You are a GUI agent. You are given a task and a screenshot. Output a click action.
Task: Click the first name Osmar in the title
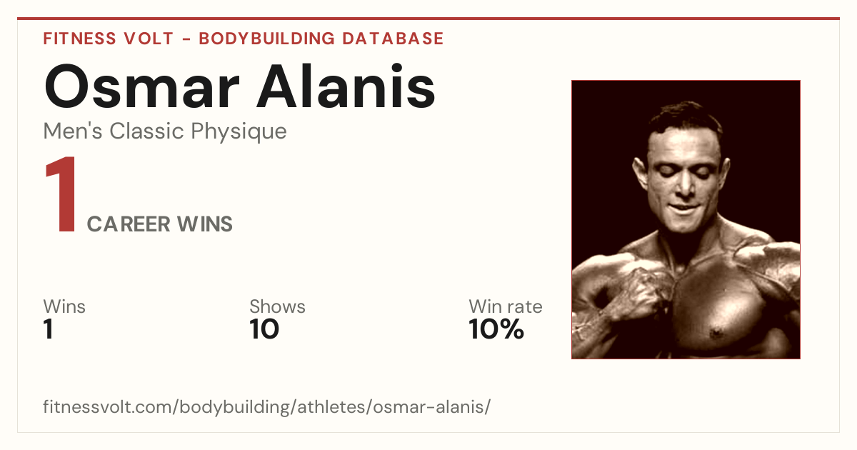click(142, 86)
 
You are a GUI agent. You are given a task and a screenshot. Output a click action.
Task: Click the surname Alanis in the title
click(346, 86)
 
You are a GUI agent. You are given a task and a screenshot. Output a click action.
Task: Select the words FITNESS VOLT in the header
click(109, 39)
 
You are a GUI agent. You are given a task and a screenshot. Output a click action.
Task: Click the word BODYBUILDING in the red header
click(267, 39)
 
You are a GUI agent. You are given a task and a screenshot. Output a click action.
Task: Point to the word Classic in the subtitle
click(147, 131)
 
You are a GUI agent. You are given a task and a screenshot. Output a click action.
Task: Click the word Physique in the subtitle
click(239, 132)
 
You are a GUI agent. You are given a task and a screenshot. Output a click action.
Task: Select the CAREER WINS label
click(159, 224)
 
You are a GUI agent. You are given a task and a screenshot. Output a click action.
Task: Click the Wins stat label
click(64, 306)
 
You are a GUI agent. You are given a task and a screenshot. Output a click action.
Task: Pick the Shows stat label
click(277, 306)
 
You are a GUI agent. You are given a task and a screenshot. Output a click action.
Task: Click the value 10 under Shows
click(264, 329)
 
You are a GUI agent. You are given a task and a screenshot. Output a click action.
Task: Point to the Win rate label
click(506, 306)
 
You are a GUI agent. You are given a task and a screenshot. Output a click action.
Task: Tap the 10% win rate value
click(496, 329)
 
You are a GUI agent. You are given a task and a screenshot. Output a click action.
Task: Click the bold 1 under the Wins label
click(49, 329)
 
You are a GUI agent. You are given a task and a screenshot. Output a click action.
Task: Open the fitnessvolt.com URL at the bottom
click(266, 406)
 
